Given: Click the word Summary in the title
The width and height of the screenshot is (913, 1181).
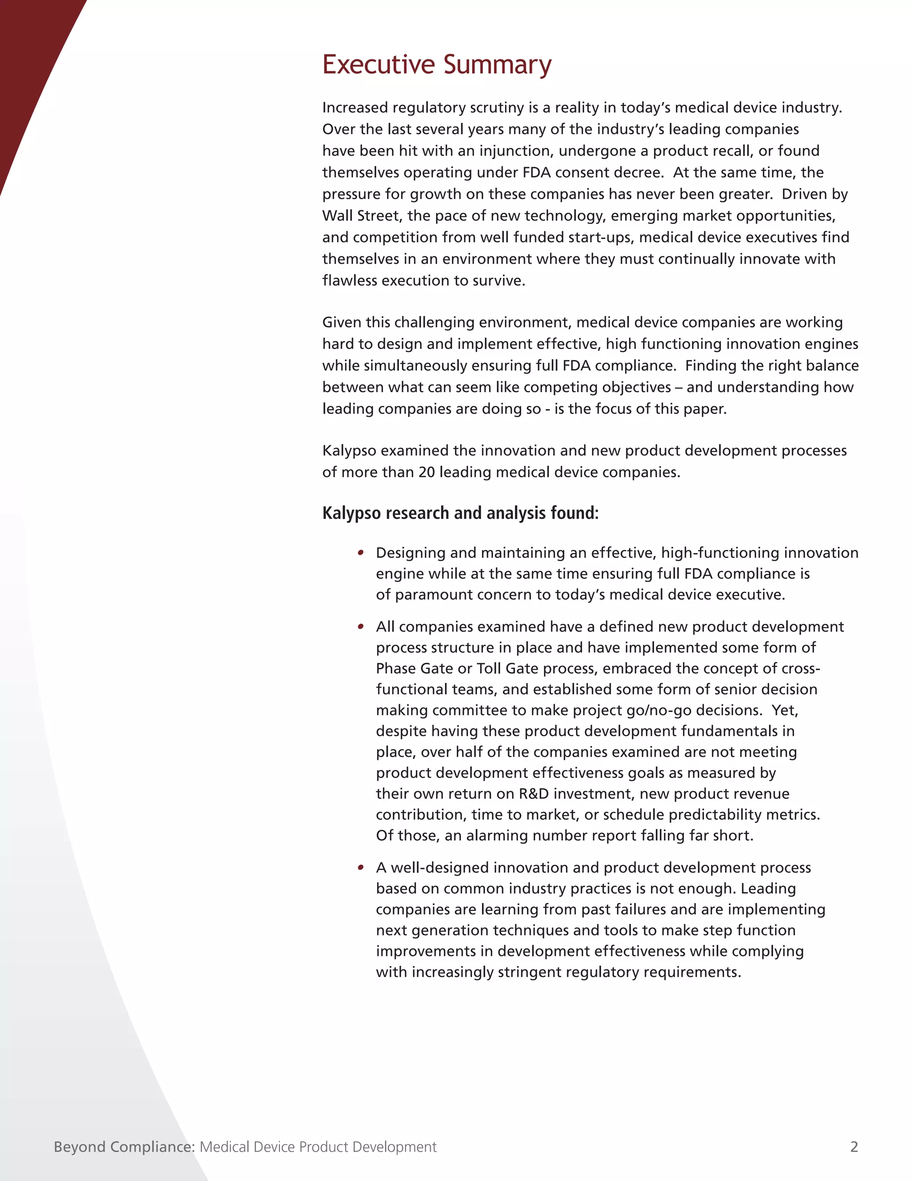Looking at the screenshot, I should [498, 66].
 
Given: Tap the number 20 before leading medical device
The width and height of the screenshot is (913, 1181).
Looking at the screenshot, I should [427, 472].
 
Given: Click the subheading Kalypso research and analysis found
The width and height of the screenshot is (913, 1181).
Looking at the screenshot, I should [460, 513].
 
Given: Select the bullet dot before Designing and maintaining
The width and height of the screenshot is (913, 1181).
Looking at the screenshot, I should [361, 553].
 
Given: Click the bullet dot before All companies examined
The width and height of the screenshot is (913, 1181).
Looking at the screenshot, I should [361, 627].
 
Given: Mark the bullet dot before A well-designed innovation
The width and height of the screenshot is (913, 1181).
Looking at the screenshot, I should [361, 868].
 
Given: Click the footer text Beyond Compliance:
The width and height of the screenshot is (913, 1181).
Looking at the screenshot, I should [124, 1147].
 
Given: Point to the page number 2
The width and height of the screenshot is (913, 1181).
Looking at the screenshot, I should [854, 1147].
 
